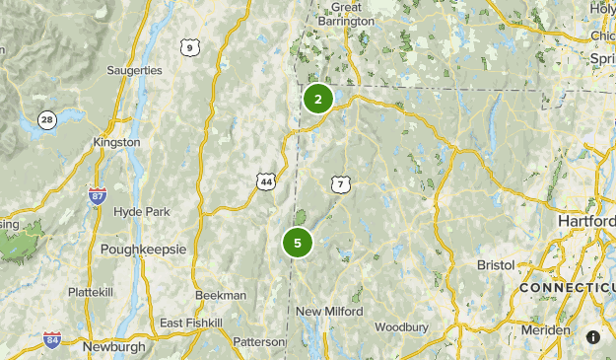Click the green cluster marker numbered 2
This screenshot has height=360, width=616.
coord(317,99)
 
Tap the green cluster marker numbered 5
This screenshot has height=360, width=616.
coord(297,242)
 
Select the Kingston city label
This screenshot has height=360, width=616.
coord(116,142)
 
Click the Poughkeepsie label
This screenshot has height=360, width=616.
coord(143,250)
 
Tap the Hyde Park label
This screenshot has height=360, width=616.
coord(142,212)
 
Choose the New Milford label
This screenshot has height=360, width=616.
coord(329,312)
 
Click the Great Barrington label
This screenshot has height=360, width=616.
coord(353,13)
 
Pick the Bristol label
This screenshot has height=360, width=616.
coord(496,266)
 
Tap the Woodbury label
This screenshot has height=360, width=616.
coord(400,326)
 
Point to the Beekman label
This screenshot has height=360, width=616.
coord(221,295)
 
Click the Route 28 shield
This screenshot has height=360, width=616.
coord(47,120)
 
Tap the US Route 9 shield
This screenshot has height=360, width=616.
coord(189,47)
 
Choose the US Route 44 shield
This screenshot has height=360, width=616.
coord(266,181)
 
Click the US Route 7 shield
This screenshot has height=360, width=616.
coord(340,184)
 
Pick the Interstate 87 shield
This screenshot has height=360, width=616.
coord(97,195)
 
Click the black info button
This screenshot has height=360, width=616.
coord(593,337)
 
